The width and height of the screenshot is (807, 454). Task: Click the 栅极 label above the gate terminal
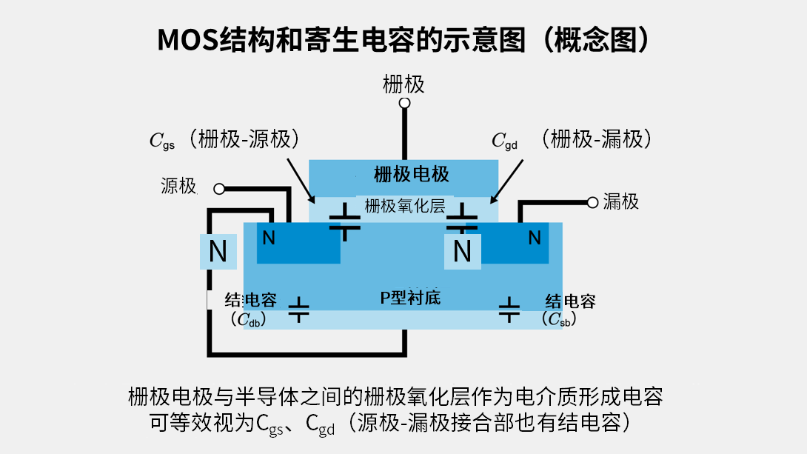point(403,84)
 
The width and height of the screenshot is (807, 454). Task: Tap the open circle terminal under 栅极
point(404,103)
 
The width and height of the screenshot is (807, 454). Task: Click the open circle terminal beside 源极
point(219,189)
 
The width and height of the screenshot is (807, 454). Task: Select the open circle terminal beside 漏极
point(592,203)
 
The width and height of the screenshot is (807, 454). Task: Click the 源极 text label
point(178,186)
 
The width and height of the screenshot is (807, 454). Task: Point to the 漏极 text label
point(620,201)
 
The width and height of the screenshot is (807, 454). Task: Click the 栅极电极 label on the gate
point(411,175)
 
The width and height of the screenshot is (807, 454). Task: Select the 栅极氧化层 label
point(404,206)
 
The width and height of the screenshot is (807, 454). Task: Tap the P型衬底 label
point(410,298)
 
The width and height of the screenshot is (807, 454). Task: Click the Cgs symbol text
point(162,141)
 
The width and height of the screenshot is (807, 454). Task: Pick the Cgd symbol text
point(504,141)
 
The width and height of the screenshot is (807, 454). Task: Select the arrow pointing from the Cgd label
point(506,181)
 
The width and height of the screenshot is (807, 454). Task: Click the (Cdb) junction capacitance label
point(249,320)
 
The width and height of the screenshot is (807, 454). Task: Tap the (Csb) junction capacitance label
point(559,319)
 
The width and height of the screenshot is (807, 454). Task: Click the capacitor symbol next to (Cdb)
point(298,310)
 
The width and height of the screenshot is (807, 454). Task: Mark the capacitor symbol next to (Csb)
point(509,310)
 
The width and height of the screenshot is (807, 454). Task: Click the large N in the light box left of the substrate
point(218,252)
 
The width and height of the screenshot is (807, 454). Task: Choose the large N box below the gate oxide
point(463,252)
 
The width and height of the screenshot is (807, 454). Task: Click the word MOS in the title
point(188,40)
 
